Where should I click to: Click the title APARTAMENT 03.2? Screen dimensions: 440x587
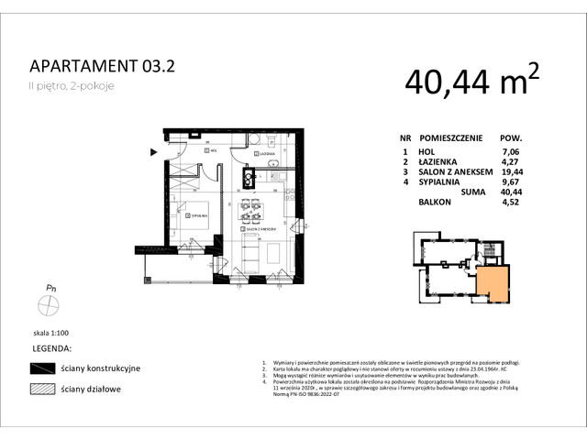coord(101,65)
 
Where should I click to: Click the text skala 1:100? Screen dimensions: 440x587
coord(51,335)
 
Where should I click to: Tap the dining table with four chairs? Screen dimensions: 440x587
coord(250,211)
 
